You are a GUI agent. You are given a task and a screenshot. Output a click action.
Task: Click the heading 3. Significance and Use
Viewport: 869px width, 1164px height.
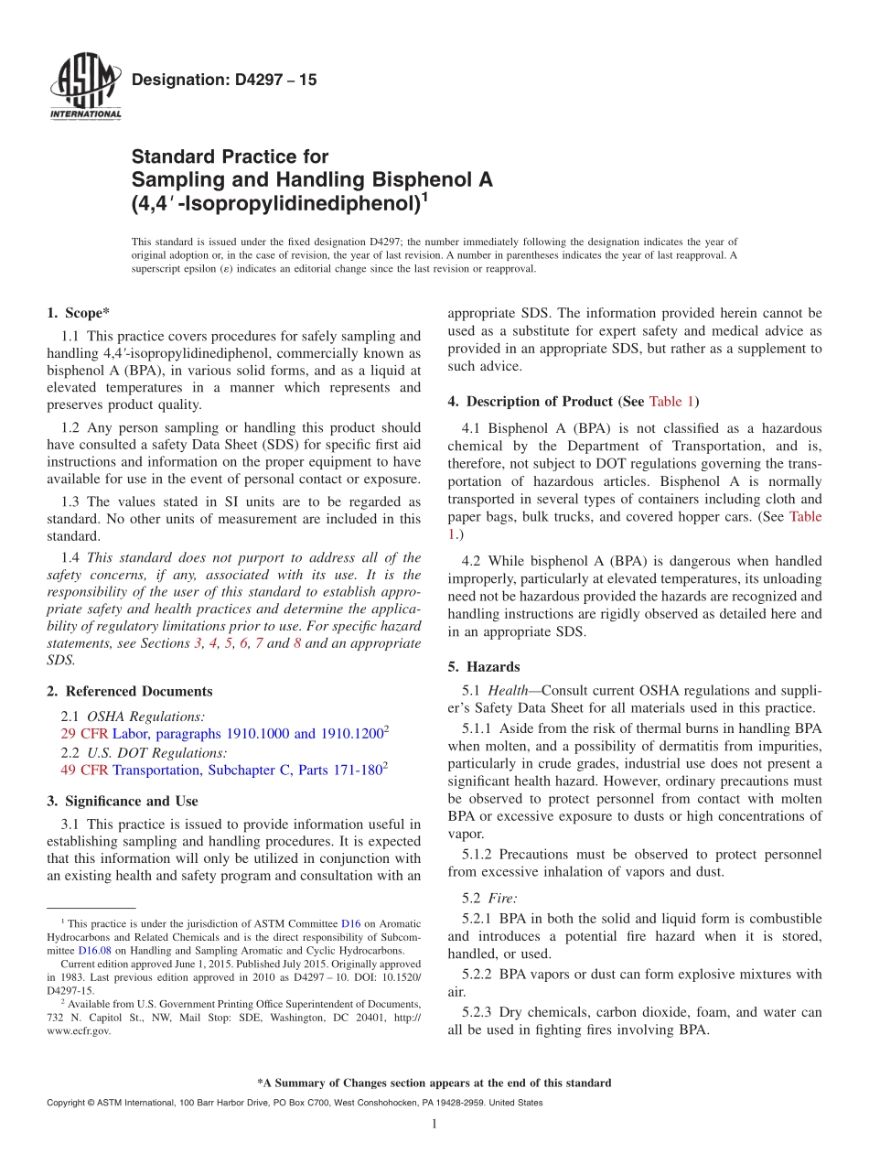tap(122, 801)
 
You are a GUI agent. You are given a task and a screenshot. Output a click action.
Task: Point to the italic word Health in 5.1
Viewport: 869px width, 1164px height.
tap(507, 690)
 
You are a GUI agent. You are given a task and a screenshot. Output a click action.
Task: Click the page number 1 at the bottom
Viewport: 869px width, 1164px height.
tap(435, 1124)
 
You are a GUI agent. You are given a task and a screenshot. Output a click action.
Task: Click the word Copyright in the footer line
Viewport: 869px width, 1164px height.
tap(70, 1103)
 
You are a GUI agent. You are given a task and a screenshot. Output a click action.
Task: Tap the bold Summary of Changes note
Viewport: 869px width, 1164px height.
tap(434, 1083)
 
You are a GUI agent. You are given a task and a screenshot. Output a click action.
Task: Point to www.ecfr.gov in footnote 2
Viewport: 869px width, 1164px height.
tap(79, 1030)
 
